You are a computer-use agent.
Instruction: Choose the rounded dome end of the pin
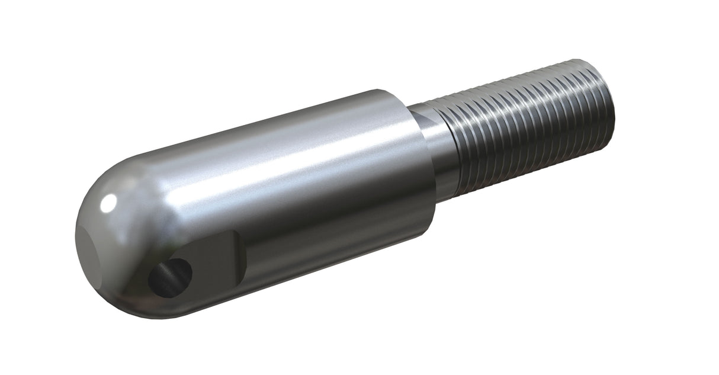[x=104, y=243]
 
